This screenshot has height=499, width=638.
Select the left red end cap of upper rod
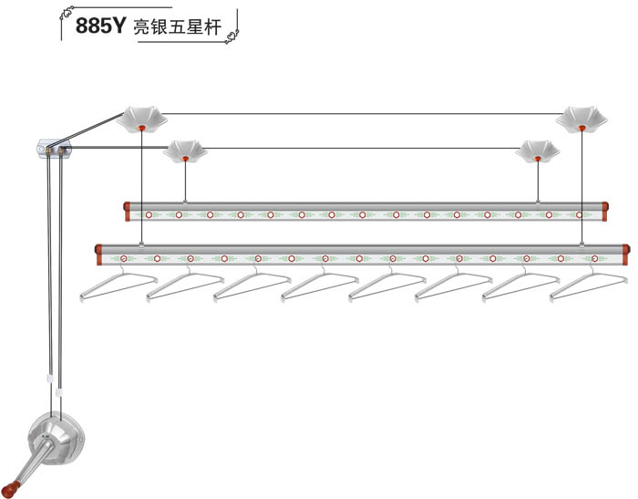coord(127,212)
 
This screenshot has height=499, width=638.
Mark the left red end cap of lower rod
coord(98,251)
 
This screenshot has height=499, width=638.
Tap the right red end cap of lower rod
coord(626,249)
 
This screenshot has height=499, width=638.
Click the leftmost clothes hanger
coord(118,286)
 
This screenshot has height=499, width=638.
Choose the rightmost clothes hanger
coord(589,286)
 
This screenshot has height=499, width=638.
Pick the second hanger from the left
coord(186,286)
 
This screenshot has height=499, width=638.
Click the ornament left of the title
coord(65,15)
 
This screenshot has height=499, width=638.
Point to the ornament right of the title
coord(235,34)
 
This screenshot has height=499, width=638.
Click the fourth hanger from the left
coord(320,286)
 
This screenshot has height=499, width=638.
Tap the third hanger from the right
coord(454,286)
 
